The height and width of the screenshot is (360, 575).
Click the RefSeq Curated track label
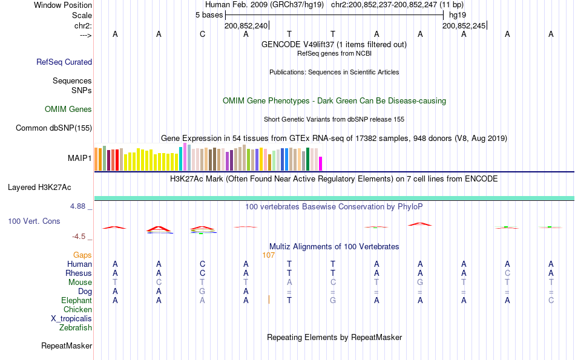(64, 62)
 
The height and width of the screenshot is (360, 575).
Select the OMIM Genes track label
(68, 110)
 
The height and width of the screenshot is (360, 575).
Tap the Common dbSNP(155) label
(54, 128)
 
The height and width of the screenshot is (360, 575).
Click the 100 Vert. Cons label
(34, 221)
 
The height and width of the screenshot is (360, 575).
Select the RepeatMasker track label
(67, 346)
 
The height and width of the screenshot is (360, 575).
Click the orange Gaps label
(83, 255)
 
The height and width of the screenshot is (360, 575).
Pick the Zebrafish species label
(76, 328)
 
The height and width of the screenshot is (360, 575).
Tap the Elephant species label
(76, 301)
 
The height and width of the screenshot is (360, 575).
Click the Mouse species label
(80, 283)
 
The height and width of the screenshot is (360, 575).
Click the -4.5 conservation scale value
(80, 237)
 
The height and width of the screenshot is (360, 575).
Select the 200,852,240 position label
(246, 26)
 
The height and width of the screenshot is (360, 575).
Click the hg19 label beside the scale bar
(456, 15)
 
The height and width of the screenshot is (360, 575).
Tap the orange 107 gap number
(269, 255)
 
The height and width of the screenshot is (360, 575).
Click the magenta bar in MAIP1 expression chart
(321, 164)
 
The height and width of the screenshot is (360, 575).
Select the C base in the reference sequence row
(202, 34)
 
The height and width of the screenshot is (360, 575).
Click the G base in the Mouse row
(420, 283)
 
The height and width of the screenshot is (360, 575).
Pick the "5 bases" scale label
(209, 15)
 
